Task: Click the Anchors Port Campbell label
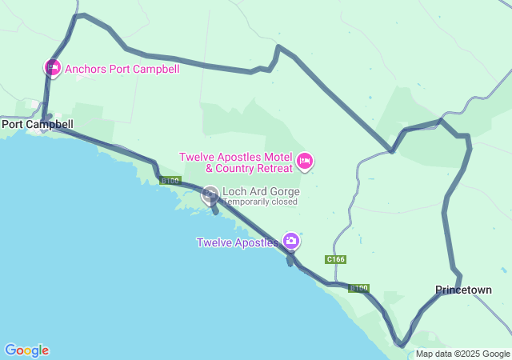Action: (x=122, y=69)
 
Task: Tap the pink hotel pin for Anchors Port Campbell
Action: (x=52, y=67)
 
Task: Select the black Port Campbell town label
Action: (x=38, y=124)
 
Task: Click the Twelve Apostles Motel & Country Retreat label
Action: (x=236, y=162)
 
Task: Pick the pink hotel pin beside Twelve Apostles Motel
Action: (x=304, y=162)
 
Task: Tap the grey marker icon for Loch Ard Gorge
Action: (x=210, y=193)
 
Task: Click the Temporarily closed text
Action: (x=259, y=202)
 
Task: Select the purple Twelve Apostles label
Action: (x=237, y=242)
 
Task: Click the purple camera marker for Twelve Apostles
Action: (x=291, y=240)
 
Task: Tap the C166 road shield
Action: (x=336, y=259)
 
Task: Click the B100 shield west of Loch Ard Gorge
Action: (x=169, y=181)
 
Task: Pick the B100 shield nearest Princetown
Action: (x=359, y=288)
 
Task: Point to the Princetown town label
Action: (x=463, y=290)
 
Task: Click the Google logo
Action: (x=26, y=350)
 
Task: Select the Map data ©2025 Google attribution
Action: (x=462, y=354)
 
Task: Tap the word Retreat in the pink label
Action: (x=271, y=168)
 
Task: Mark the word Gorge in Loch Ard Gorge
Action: (x=285, y=192)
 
